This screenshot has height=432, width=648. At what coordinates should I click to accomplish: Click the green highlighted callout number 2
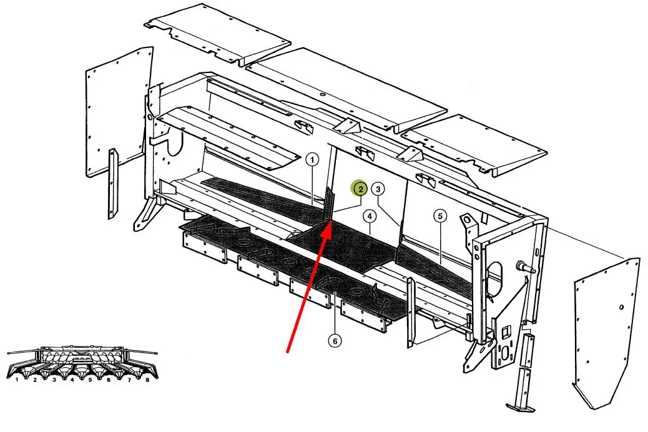360,189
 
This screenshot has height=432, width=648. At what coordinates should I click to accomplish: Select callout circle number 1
312,160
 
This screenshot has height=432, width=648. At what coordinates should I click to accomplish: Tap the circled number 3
378,189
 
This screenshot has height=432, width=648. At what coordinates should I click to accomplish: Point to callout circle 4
370,216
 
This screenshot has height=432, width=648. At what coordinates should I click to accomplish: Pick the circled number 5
440,216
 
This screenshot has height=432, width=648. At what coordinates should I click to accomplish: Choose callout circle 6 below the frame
335,341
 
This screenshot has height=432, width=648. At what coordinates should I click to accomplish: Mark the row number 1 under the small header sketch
17,379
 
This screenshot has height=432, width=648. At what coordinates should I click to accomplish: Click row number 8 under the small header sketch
147,379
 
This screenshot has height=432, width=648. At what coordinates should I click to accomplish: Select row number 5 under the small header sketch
90,379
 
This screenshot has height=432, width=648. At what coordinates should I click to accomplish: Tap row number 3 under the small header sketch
54,379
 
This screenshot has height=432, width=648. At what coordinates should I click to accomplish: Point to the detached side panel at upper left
118,112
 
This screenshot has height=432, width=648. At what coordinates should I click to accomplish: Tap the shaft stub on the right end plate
525,267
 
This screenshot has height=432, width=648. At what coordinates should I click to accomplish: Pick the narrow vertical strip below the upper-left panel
112,184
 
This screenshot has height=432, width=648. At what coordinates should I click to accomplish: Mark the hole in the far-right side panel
621,307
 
